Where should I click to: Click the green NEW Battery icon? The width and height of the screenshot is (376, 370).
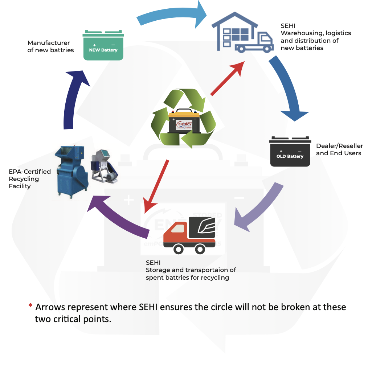tap(103, 46)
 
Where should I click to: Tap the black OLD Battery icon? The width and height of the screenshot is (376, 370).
tap(290, 152)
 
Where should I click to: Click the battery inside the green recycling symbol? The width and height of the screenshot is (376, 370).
tap(184, 121)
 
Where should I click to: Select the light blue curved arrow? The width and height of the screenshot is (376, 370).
tap(171, 15)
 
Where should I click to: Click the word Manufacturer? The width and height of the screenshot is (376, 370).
tap(49, 43)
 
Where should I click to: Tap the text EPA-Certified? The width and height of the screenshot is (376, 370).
tap(30, 171)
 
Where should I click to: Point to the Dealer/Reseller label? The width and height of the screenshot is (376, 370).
tap(339, 146)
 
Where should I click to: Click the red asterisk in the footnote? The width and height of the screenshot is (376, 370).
tap(30, 307)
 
